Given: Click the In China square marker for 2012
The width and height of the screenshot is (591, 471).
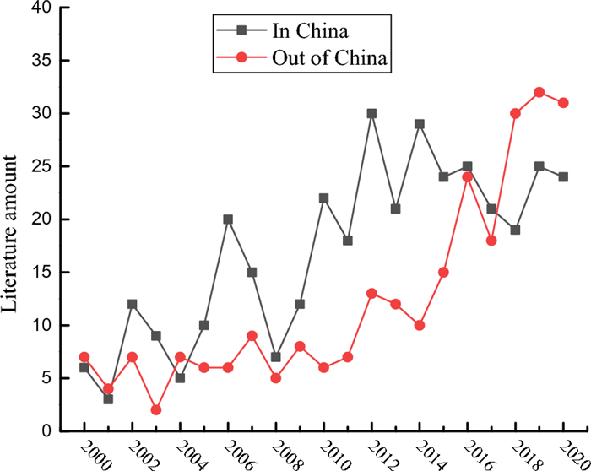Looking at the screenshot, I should pyautogui.click(x=371, y=113).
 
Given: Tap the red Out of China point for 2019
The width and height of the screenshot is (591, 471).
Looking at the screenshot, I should pyautogui.click(x=539, y=92).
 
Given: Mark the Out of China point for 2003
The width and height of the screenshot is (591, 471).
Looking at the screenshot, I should pyautogui.click(x=155, y=409).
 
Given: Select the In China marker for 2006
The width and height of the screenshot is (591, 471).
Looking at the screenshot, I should pyautogui.click(x=228, y=219).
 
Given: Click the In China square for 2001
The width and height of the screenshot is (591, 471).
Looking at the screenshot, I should pyautogui.click(x=107, y=398).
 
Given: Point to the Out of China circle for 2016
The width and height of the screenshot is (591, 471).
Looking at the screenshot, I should pyautogui.click(x=468, y=176).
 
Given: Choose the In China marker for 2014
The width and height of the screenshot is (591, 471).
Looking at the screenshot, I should pyautogui.click(x=420, y=124).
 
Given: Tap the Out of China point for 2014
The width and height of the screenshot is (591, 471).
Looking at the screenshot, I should pyautogui.click(x=420, y=325).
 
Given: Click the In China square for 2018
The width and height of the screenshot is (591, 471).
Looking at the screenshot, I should pyautogui.click(x=515, y=230).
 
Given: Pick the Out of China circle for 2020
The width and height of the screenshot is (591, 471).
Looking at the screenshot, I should pyautogui.click(x=563, y=103).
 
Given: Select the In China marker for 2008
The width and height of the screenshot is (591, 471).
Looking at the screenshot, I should pyautogui.click(x=275, y=356).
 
